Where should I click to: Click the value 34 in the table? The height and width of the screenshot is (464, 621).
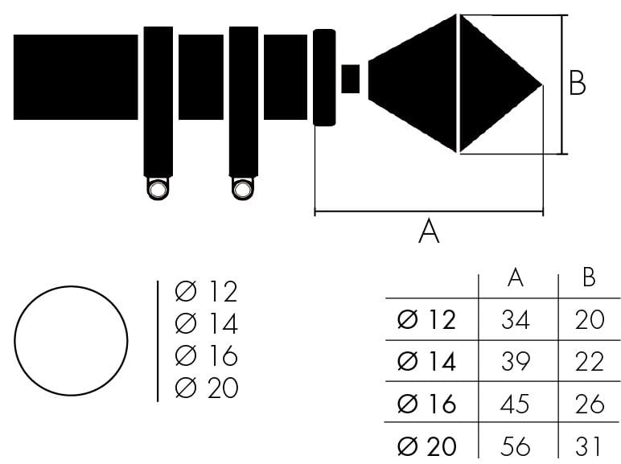tap(516, 319)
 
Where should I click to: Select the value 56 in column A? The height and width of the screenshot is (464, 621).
tap(515, 446)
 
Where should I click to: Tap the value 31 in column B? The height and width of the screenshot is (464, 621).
tap(588, 446)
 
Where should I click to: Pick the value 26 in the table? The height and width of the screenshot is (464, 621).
tap(590, 404)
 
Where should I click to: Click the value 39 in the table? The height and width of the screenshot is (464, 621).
tap(516, 361)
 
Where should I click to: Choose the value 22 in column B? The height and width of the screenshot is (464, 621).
tap(590, 361)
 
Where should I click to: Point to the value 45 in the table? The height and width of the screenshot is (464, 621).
tap(515, 404)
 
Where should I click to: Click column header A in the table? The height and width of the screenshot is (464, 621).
tap(516, 277)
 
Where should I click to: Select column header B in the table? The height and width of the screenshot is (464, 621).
tap(589, 277)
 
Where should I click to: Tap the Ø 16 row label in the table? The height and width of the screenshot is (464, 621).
tap(426, 404)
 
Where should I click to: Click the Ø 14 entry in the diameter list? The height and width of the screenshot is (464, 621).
tap(206, 323)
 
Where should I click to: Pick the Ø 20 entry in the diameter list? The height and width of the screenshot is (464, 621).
tap(207, 388)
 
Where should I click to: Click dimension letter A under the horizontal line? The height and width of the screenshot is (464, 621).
tap(429, 232)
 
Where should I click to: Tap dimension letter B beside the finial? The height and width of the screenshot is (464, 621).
tap(577, 83)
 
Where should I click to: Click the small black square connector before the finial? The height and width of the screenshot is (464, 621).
tap(351, 79)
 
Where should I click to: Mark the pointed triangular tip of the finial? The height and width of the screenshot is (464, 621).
tap(542, 84)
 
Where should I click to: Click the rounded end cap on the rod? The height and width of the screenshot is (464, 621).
tap(324, 77)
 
